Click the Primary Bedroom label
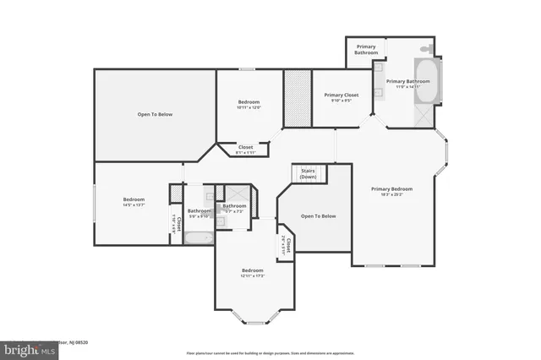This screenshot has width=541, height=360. (391, 188)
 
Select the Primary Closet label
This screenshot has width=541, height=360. (342, 95)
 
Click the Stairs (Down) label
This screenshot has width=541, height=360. (308, 173)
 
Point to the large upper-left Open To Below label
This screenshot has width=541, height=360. (155, 114)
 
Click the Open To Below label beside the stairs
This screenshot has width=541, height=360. (318, 216)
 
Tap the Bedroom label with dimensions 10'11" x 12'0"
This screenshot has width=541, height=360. (249, 102)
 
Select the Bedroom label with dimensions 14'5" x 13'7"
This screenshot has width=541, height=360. (134, 199)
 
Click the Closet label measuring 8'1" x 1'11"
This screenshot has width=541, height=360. (245, 147)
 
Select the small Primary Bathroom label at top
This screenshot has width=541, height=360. (366, 50)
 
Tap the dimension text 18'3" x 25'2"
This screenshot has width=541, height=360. (391, 194)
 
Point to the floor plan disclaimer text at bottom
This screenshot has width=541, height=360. (270, 352)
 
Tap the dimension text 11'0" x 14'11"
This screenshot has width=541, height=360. (407, 87)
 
